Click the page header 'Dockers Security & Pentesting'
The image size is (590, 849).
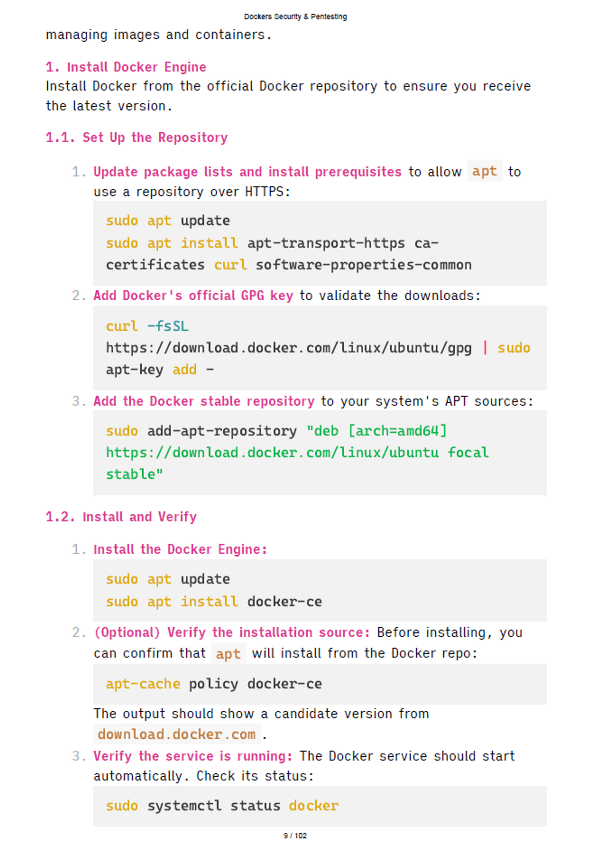tap(295, 17)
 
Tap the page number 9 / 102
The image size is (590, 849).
tap(295, 835)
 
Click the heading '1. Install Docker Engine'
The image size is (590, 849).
tap(126, 67)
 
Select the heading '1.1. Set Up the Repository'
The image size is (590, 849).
tap(137, 138)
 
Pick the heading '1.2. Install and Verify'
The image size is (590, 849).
tap(121, 517)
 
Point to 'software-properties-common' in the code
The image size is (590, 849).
tap(364, 265)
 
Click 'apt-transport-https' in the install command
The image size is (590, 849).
tap(326, 243)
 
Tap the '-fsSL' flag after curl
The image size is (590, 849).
tap(168, 326)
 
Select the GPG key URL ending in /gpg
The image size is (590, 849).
tap(289, 348)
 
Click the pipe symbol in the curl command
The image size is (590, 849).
tap(485, 347)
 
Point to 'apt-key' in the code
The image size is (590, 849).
tap(135, 370)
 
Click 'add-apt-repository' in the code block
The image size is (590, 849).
tap(222, 431)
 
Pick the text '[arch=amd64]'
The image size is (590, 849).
tap(398, 431)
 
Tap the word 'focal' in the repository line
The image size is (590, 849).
tap(468, 453)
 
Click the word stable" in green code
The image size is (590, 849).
tap(135, 474)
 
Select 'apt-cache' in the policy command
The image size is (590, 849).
tap(143, 684)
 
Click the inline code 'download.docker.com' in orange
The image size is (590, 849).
tap(177, 734)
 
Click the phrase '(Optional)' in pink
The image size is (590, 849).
tap(127, 632)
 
